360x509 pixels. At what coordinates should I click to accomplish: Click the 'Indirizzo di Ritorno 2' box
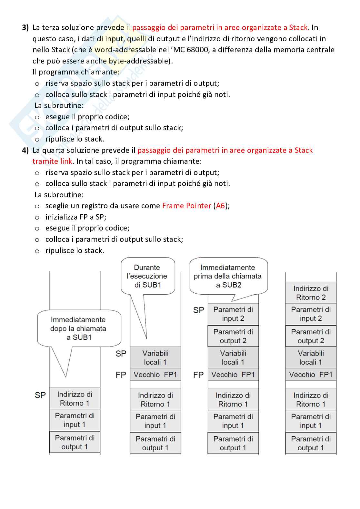(x=311, y=293)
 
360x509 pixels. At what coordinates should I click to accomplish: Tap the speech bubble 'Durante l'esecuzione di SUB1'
(x=148, y=276)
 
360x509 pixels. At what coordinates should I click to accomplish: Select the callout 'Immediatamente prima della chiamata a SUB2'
(x=228, y=276)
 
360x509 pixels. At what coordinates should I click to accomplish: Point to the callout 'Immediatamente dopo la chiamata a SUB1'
(x=78, y=328)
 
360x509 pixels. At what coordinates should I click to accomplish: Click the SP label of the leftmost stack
(x=40, y=395)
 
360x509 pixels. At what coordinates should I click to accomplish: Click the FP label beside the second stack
(x=121, y=375)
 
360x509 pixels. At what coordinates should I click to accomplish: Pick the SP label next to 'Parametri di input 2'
(x=199, y=310)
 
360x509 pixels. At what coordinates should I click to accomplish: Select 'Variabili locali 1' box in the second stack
(x=155, y=357)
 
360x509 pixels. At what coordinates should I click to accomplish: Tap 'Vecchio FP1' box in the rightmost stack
(x=311, y=375)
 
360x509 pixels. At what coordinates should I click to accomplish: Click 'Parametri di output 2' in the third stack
(x=233, y=336)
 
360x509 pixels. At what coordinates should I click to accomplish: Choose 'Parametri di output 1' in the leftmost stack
(x=75, y=442)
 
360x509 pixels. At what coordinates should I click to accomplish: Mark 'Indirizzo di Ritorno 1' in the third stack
(x=233, y=400)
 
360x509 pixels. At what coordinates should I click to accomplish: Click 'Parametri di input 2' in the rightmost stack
(x=311, y=314)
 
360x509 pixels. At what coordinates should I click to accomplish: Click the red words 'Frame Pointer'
(x=186, y=206)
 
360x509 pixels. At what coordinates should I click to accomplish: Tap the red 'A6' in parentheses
(x=220, y=206)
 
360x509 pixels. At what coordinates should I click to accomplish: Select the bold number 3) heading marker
(x=25, y=28)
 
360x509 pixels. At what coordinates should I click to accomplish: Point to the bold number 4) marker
(x=25, y=150)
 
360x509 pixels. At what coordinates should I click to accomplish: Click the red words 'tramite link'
(x=52, y=161)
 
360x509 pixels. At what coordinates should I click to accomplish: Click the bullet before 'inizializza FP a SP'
(x=37, y=218)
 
